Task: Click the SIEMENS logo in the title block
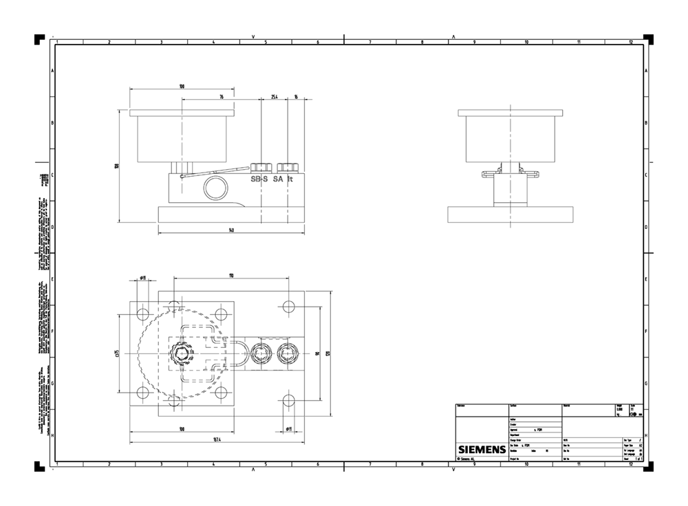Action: (x=482, y=450)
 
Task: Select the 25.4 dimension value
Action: (x=275, y=97)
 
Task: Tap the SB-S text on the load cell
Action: (x=260, y=179)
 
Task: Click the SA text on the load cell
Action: (x=278, y=179)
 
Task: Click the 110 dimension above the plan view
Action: (x=231, y=276)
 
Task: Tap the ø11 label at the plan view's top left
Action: (x=143, y=278)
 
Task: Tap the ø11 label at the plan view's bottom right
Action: (x=289, y=429)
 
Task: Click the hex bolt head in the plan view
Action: (x=180, y=353)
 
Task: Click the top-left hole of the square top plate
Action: (x=143, y=315)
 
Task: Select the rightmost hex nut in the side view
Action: (x=287, y=167)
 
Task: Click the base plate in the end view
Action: (x=510, y=214)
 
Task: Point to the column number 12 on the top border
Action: (x=630, y=43)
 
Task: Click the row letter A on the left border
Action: (x=52, y=71)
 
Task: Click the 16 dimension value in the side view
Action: (x=295, y=97)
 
